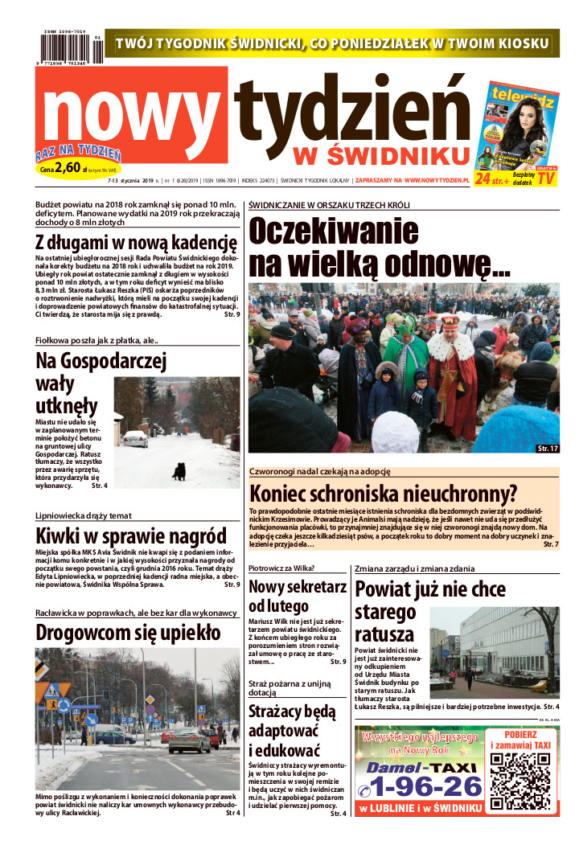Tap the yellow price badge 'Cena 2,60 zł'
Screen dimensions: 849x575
77,170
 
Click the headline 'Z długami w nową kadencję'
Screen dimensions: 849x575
136,242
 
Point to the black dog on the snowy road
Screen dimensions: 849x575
179,471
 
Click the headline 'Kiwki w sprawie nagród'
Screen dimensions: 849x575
131,536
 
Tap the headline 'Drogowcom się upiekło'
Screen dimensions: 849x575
128,633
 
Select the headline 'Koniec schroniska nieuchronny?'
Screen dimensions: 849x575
383,494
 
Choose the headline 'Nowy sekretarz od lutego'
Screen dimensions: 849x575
298,596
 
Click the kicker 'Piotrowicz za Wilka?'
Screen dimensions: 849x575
281,568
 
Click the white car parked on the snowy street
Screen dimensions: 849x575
134,439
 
